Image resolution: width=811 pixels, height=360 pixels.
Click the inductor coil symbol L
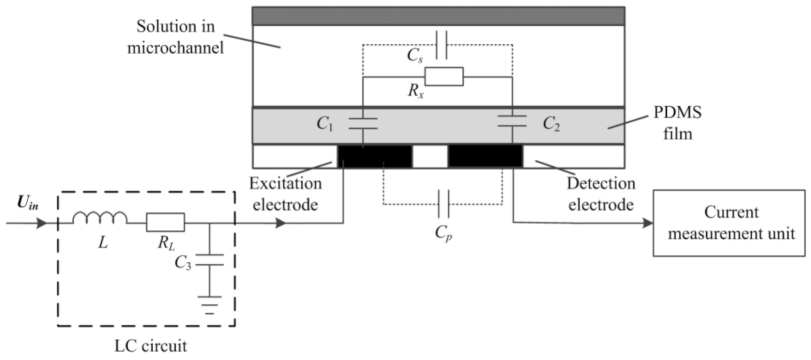(x=100, y=218)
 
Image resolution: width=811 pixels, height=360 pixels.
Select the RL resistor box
(x=165, y=222)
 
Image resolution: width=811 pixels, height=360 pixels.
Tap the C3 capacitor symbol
(x=210, y=260)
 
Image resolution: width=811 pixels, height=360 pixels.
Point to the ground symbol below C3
(x=210, y=305)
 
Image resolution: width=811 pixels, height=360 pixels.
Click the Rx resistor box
(x=444, y=77)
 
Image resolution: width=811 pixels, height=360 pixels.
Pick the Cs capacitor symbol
(x=441, y=45)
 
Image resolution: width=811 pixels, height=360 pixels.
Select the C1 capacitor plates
(x=363, y=124)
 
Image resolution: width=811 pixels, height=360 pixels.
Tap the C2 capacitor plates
(x=512, y=121)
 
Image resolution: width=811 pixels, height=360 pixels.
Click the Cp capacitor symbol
(x=443, y=203)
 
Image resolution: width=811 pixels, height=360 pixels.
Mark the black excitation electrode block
(x=375, y=156)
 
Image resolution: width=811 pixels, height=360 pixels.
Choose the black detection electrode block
(x=485, y=156)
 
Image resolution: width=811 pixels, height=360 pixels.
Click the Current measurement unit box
(x=729, y=223)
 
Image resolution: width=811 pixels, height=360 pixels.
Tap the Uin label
(x=28, y=203)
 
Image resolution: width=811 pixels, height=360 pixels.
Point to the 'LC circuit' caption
(x=151, y=346)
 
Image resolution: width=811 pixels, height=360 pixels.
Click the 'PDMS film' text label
(x=678, y=123)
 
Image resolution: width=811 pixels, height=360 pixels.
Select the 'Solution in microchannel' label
(x=175, y=37)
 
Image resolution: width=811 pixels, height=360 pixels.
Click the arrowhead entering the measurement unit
(x=648, y=223)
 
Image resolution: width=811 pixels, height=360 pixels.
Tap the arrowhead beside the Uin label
(x=42, y=223)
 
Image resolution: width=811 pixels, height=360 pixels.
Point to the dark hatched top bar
(x=438, y=16)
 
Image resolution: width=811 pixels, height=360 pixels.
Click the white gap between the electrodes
(x=430, y=156)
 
